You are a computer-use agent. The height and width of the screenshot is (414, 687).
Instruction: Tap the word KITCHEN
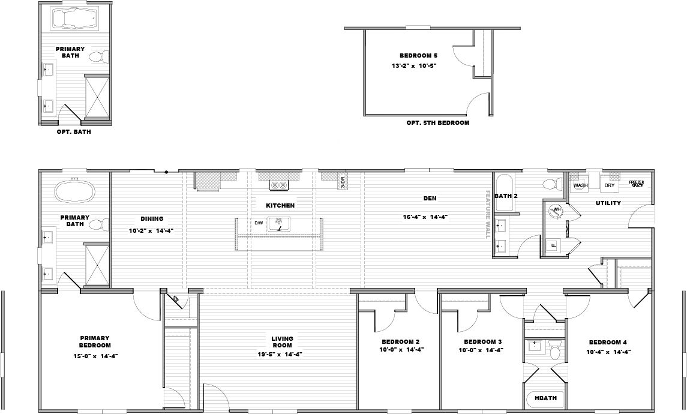click(280, 205)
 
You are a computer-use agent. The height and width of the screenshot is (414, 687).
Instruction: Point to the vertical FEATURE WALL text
click(488, 214)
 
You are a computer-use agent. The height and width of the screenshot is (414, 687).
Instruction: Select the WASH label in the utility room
click(580, 185)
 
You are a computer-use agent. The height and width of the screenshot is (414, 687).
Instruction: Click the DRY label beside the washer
click(610, 185)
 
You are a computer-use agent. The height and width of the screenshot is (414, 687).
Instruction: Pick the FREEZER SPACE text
click(637, 184)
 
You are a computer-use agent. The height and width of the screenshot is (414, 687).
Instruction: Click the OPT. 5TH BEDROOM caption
click(437, 122)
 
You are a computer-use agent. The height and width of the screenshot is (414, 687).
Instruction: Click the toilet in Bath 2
click(549, 184)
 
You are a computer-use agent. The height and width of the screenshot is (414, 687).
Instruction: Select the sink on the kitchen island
click(279, 224)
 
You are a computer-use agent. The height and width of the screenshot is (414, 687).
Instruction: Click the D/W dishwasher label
click(259, 223)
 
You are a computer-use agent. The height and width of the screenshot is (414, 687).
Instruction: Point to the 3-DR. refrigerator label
click(343, 182)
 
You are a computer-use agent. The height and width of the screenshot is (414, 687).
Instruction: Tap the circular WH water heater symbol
click(556, 209)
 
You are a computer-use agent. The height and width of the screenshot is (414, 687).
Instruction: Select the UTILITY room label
click(608, 203)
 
